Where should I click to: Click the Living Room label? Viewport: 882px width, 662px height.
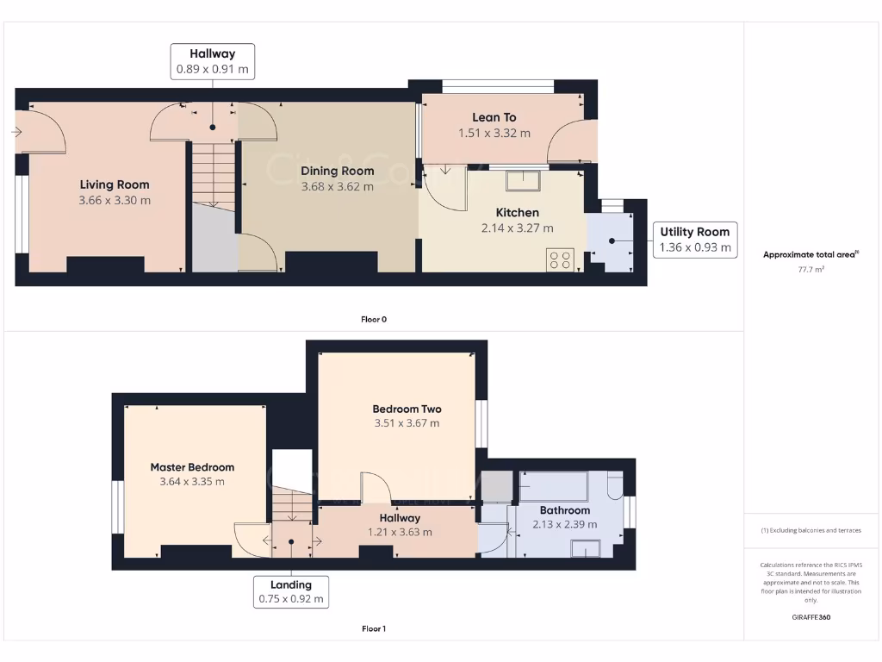(115, 184)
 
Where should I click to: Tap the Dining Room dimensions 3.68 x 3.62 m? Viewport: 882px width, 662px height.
(337, 186)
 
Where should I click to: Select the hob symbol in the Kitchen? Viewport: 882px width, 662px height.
(560, 259)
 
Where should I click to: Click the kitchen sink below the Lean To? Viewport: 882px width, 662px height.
(523, 180)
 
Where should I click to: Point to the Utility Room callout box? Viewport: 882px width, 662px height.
(694, 240)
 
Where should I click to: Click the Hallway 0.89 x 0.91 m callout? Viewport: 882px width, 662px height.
(214, 61)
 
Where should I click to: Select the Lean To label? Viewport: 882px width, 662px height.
(494, 117)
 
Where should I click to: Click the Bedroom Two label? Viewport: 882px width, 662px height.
(407, 409)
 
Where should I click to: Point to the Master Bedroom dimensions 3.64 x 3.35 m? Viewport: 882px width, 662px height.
(192, 481)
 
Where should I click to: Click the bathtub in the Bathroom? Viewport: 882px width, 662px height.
(553, 486)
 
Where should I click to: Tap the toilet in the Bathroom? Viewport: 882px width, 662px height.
(615, 488)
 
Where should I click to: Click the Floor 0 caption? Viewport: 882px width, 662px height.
(374, 319)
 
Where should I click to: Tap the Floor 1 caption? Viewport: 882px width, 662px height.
(374, 628)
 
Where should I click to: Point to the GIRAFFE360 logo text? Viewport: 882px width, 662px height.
(811, 617)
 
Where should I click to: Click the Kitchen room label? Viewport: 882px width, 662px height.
(517, 212)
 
